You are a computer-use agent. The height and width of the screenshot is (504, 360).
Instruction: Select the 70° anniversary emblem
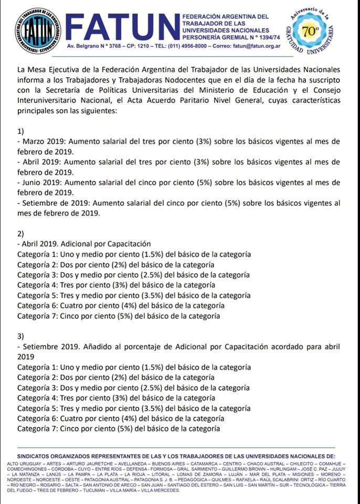[x=311, y=31]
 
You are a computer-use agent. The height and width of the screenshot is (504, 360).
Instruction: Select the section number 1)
[x=21, y=131]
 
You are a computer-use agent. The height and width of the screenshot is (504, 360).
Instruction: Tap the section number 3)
[x=21, y=336]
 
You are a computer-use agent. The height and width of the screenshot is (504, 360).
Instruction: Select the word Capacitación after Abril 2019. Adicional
[x=128, y=244]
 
